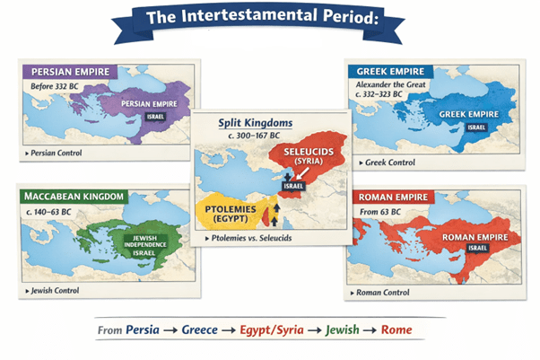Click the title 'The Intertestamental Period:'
click(x=271, y=19)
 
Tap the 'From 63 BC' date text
click(x=381, y=211)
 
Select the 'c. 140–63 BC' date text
click(x=53, y=211)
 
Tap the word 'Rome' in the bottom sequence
click(x=396, y=329)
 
